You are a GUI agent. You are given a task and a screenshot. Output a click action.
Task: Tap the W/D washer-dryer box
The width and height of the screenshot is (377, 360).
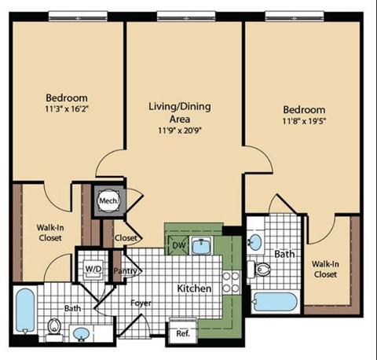pos(93,269)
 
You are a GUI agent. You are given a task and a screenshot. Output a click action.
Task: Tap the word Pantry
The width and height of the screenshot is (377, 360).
pos(126,271)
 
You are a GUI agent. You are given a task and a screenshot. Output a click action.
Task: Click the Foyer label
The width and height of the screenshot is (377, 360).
pos(141,303)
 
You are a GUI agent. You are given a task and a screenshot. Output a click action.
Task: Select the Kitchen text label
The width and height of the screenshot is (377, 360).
pos(194,288)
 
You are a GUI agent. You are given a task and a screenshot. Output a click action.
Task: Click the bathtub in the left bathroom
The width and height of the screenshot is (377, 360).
pos(24,311)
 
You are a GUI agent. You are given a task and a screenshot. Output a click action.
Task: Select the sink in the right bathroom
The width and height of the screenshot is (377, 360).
pos(255,241)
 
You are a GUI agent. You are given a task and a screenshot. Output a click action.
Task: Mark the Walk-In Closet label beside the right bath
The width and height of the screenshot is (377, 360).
pos(324,269)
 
